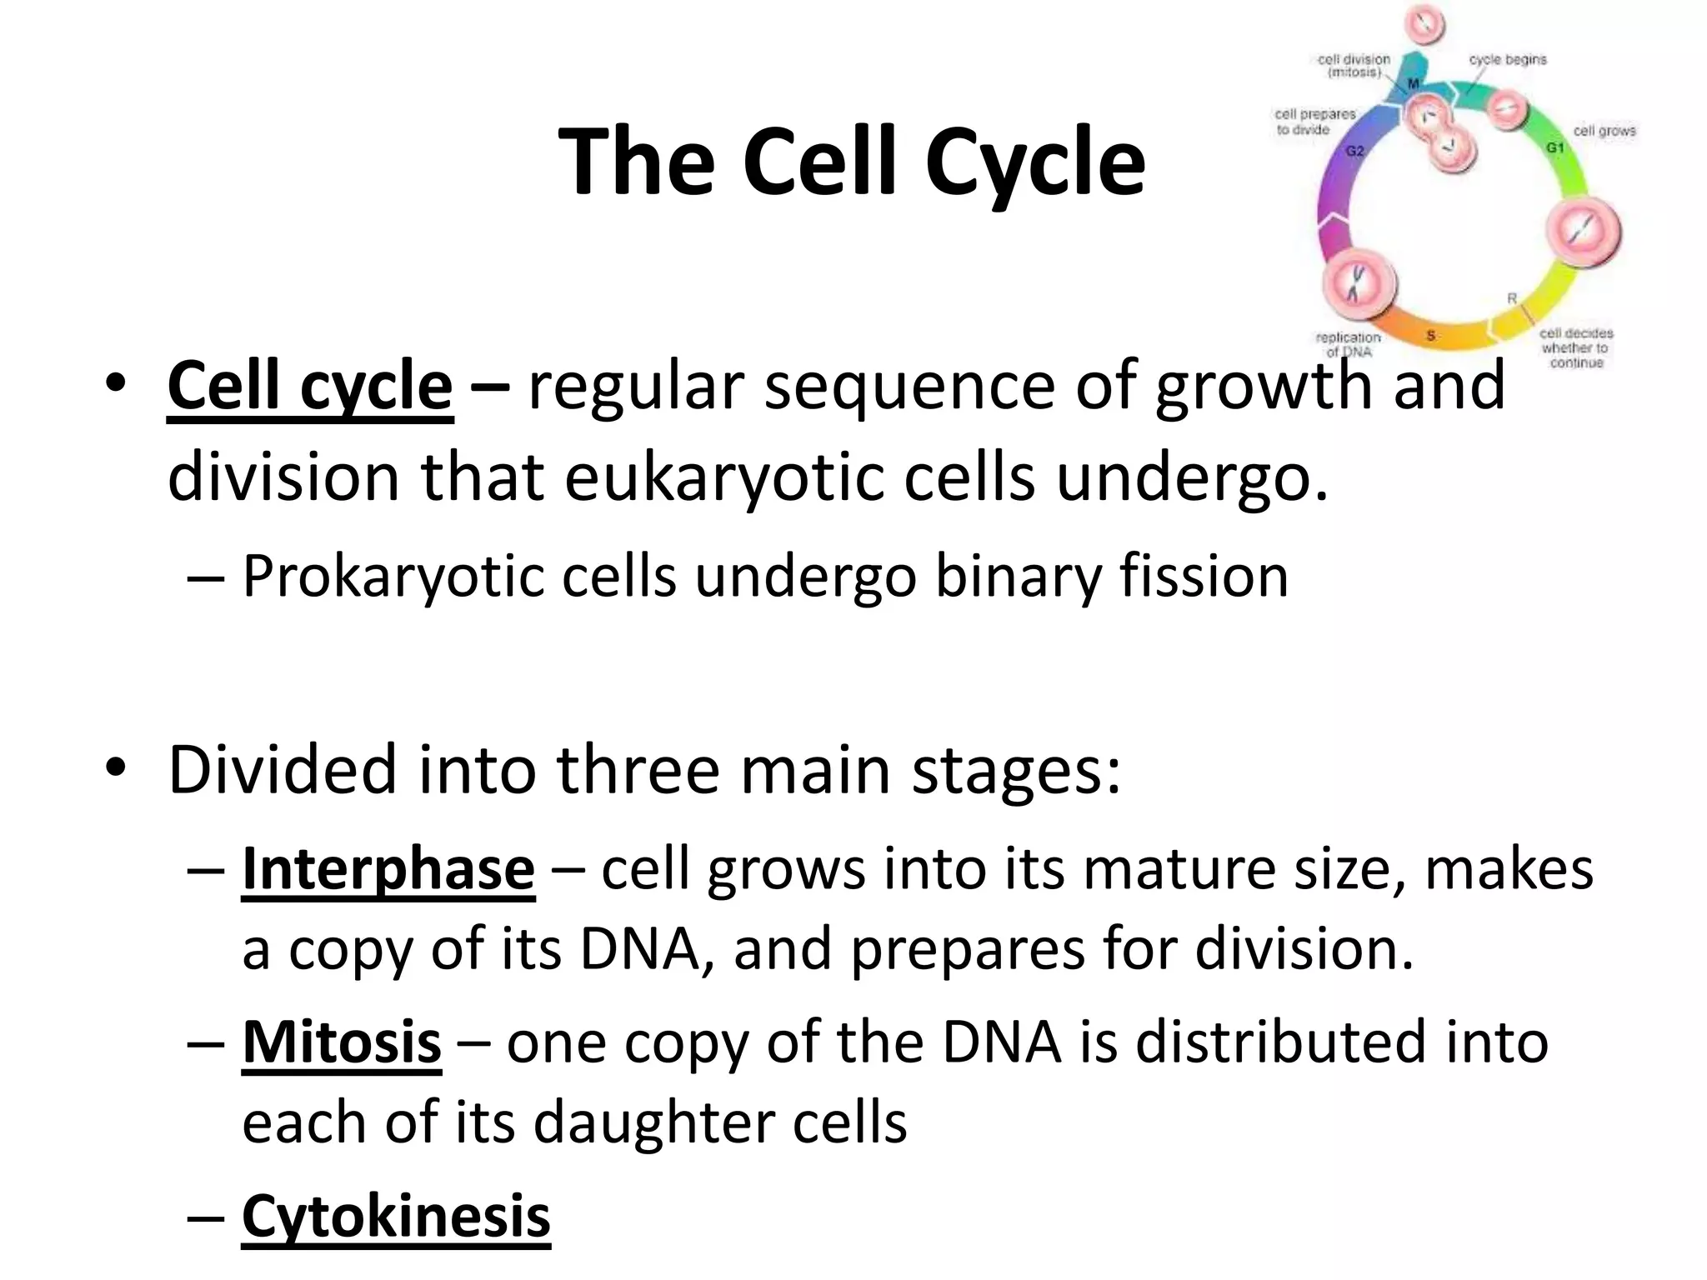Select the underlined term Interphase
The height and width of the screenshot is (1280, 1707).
point(388,869)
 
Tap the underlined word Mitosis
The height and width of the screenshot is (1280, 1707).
point(341,1042)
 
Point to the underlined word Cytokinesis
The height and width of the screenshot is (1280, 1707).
point(396,1216)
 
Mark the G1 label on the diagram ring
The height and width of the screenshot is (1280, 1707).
point(1555,147)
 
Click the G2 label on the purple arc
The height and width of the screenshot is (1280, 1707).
point(1355,151)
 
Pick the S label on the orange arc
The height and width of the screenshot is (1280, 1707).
point(1431,335)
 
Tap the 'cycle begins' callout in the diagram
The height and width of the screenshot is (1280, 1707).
point(1507,60)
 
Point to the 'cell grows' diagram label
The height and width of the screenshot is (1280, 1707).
point(1604,131)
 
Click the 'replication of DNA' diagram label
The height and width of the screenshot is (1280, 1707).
point(1348,343)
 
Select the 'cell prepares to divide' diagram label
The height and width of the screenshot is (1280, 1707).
point(1314,122)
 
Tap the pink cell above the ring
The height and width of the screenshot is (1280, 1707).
point(1425,23)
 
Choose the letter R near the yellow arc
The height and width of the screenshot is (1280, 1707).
point(1511,298)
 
